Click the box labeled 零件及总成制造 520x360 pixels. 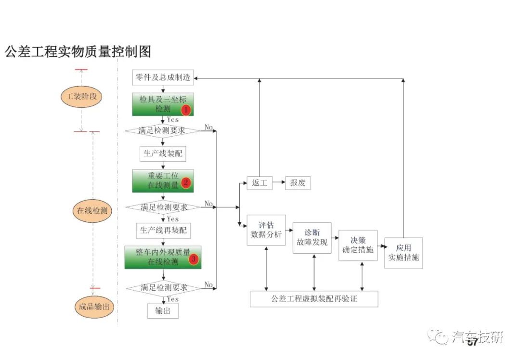[163, 77]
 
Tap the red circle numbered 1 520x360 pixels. [186, 109]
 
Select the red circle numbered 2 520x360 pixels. [186, 182]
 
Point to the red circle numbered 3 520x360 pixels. [194, 259]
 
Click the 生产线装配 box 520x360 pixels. [163, 154]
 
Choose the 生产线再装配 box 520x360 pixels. [163, 231]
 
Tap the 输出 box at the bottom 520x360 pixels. [163, 310]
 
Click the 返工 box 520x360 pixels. [260, 183]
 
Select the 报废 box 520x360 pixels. [298, 183]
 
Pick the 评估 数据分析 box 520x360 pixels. [266, 231]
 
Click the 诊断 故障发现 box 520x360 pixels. [312, 238]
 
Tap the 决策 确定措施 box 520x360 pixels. [358, 245]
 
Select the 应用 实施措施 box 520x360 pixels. [403, 253]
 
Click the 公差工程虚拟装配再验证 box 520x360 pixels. [314, 299]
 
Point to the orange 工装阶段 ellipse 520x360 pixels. [81, 96]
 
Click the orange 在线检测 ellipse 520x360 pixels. [92, 210]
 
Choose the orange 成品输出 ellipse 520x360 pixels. [94, 307]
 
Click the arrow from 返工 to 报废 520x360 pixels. [279, 182]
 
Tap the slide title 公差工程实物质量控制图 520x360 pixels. [78, 51]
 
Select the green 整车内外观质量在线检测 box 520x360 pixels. [163, 257]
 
